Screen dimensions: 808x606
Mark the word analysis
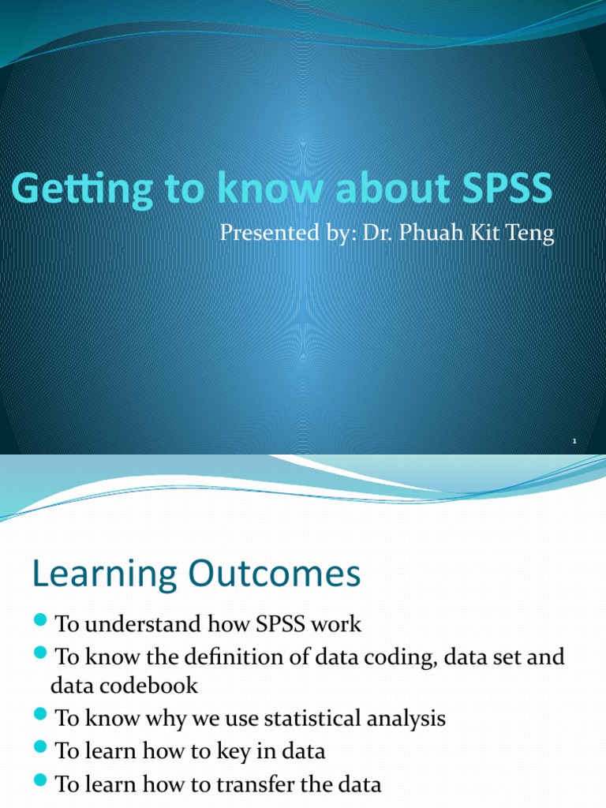coord(402,719)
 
